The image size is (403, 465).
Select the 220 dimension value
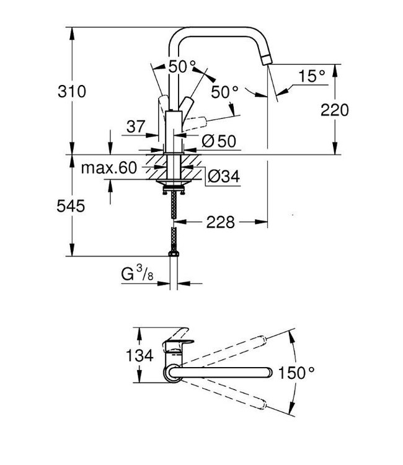335,110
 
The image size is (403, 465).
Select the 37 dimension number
136,126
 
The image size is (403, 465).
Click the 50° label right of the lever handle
224,91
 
